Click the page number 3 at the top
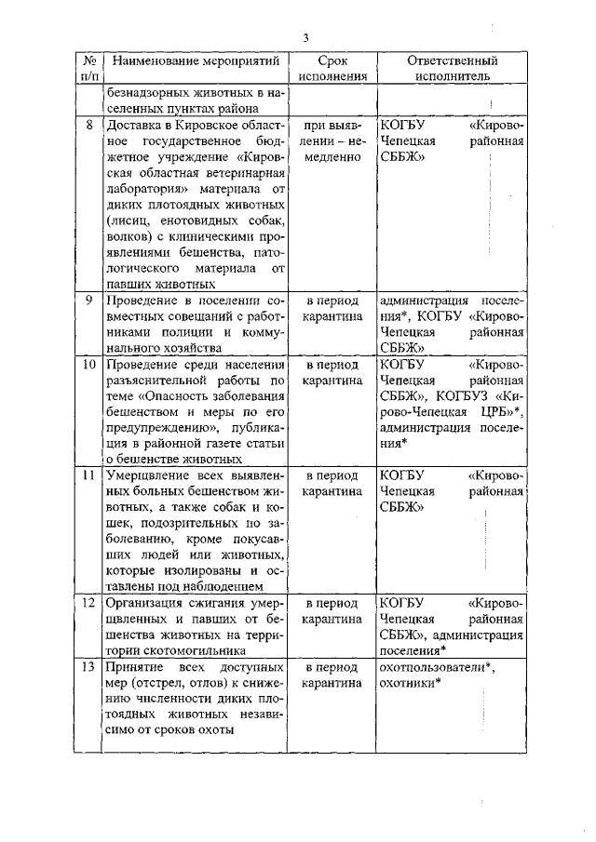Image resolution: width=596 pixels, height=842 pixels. click(305, 37)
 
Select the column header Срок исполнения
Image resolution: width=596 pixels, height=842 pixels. click(332, 70)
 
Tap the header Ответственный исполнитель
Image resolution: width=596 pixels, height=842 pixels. click(452, 70)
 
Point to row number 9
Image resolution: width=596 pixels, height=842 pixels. click(87, 301)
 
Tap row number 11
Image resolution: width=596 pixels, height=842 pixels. click(87, 475)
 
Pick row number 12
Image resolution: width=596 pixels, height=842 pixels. click(87, 602)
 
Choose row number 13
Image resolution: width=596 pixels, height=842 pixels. click(87, 668)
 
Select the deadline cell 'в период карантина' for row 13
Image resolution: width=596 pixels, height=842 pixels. click(332, 675)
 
